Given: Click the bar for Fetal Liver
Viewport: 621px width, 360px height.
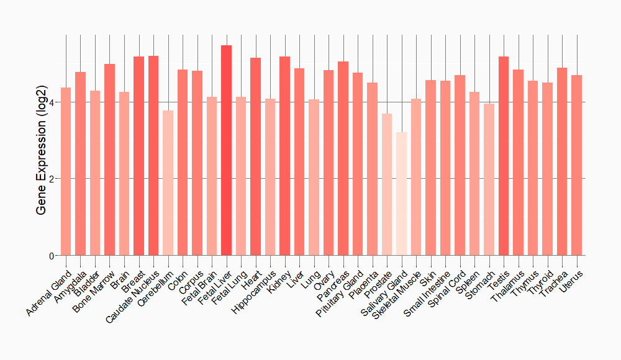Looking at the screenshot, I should coord(226,150).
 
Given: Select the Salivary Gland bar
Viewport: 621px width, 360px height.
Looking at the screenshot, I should coord(401,194).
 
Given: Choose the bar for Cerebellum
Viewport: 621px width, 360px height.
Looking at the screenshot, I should coord(168,183).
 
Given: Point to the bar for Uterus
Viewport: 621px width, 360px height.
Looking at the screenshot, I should coord(576,165).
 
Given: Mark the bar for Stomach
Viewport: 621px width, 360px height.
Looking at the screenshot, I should coord(489,179).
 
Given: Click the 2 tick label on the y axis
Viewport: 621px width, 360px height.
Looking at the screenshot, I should coord(52,179).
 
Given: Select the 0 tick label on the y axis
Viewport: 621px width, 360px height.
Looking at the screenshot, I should coord(52,256).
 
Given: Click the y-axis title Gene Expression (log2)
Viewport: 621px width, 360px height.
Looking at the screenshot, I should coord(42,150).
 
